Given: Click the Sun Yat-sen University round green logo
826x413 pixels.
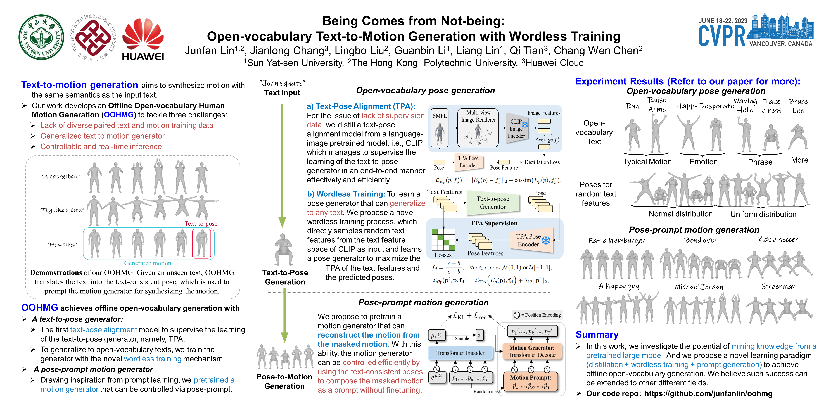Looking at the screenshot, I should point(41,37).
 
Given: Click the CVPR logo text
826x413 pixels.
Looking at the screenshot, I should point(722,36).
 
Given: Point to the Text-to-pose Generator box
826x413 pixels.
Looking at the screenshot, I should point(493,203).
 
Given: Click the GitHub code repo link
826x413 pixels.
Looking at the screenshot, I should point(708,393).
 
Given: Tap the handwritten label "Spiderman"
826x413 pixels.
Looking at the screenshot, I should point(778,286).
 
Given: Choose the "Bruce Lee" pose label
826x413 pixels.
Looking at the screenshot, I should point(798,106).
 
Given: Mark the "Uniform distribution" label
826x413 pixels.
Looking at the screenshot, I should point(763,214).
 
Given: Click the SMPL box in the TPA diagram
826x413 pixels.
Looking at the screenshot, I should point(439,128).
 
